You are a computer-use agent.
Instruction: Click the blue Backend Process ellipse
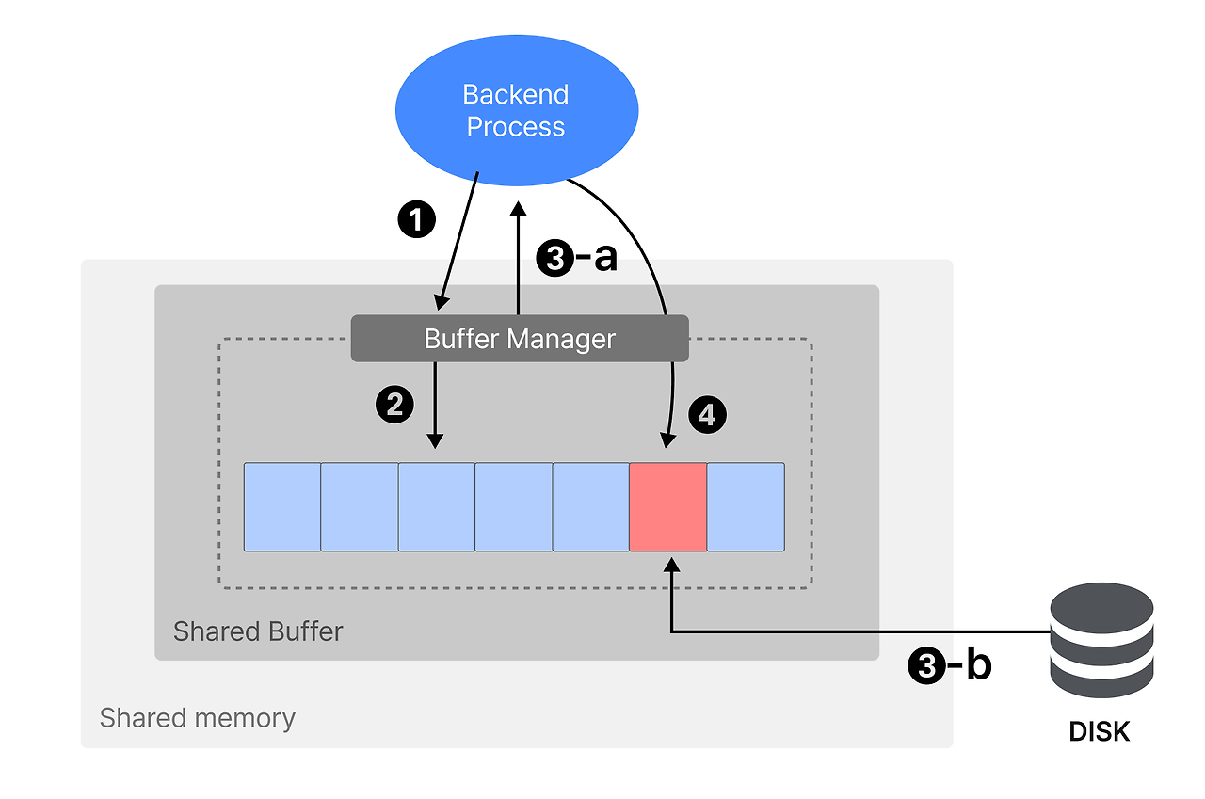(516, 111)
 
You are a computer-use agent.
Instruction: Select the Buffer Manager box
(520, 339)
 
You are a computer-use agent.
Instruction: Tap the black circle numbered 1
(417, 220)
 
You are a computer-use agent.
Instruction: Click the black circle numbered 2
(394, 405)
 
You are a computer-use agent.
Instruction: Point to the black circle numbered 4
(708, 415)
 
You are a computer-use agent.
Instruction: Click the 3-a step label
(576, 258)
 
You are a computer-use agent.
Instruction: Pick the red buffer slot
(667, 506)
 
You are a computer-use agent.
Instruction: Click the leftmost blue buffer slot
(282, 506)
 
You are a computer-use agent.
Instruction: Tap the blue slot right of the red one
(746, 506)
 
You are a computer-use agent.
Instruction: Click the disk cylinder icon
(1101, 639)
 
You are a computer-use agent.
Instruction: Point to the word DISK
(1100, 731)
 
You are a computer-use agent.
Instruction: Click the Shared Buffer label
(258, 631)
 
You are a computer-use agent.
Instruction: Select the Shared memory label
(198, 718)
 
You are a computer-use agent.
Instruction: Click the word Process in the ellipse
(516, 127)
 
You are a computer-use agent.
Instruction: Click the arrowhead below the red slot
(670, 564)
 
